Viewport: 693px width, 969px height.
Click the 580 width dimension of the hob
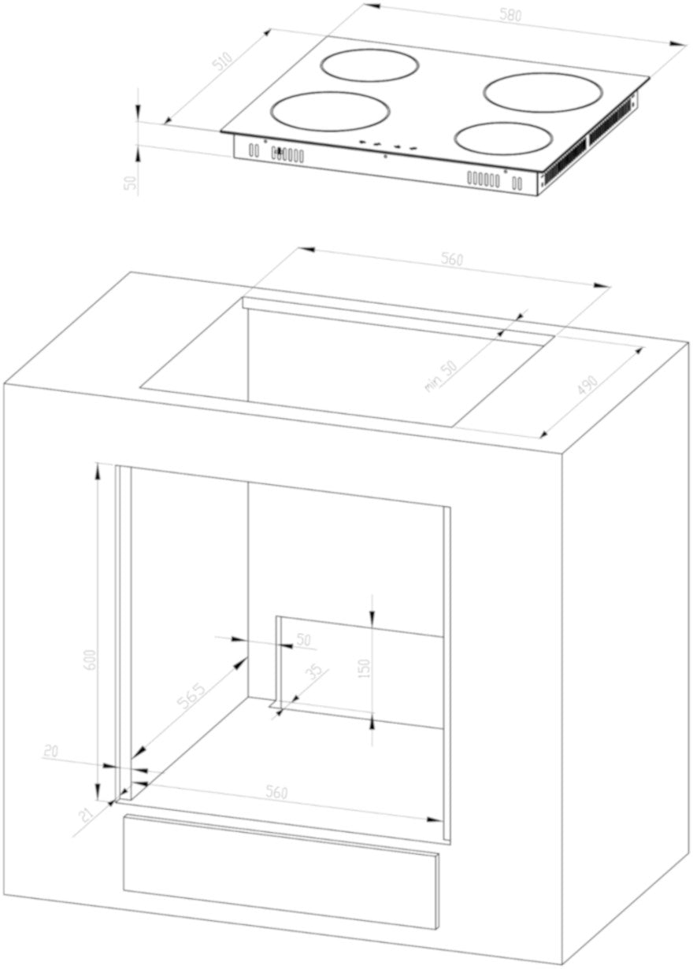510,15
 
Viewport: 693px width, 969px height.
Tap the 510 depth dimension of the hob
223,61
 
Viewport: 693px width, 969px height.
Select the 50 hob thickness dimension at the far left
132,182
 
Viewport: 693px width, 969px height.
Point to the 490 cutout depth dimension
587,386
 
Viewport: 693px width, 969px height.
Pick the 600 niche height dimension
91,660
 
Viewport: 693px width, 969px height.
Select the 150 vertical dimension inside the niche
365,668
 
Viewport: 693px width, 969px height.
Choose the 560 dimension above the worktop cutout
452,259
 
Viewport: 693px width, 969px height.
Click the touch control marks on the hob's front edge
387,145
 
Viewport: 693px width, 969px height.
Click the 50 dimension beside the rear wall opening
303,640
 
